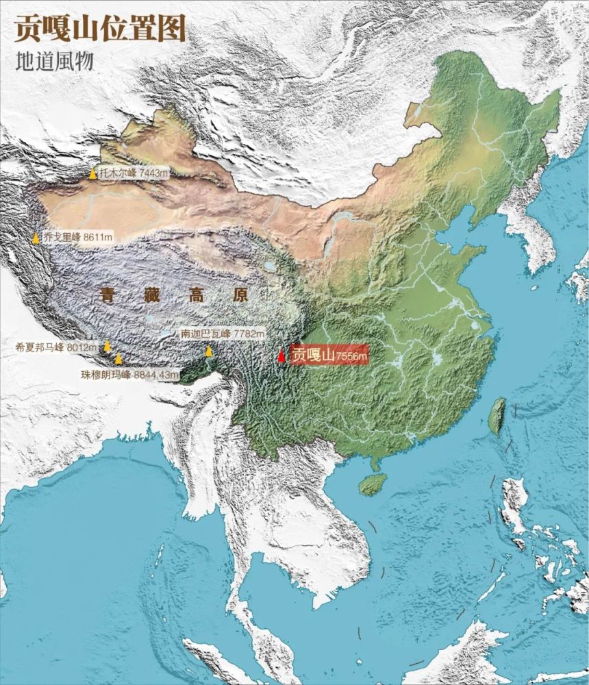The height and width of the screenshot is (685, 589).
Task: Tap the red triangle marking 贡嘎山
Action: click(281, 356)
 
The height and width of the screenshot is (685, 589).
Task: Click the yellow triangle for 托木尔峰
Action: click(93, 173)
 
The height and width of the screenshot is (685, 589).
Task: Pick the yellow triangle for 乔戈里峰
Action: click(36, 238)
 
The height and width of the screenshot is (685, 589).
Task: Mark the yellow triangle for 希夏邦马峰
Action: click(107, 346)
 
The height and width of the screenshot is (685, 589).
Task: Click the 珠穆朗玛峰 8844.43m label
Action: click(129, 375)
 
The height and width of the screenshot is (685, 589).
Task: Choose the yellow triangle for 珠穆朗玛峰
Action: click(118, 358)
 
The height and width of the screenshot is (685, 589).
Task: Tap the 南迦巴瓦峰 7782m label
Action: click(222, 334)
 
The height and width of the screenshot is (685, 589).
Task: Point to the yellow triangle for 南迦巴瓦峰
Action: click(209, 351)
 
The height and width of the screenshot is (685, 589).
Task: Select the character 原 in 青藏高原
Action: click(240, 296)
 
